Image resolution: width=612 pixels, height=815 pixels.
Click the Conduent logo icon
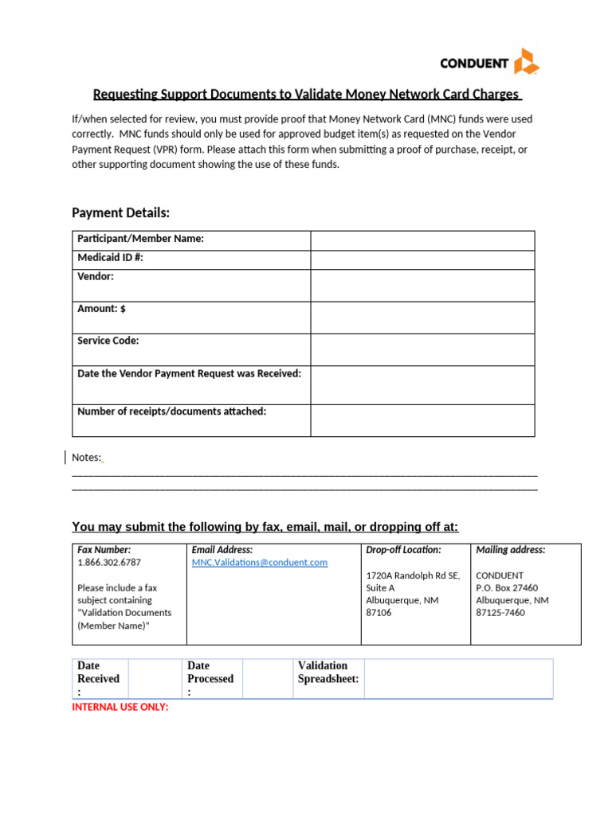tap(527, 62)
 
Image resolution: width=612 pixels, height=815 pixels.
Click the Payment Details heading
tap(120, 213)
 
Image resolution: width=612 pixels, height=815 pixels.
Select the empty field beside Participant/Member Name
tap(422, 240)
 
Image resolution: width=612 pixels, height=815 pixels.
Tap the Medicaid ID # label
tap(110, 258)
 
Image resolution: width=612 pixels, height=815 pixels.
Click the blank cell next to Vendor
tap(422, 285)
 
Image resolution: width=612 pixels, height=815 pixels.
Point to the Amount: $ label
tap(101, 309)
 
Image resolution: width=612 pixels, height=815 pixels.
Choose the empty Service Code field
tap(422, 349)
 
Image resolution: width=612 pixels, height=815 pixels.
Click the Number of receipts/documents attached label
tap(171, 411)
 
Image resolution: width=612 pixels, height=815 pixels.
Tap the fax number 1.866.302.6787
tap(110, 563)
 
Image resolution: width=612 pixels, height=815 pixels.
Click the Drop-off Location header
tap(403, 550)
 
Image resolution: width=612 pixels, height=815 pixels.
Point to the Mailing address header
tap(511, 550)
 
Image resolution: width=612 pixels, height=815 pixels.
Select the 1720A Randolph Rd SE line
tap(413, 575)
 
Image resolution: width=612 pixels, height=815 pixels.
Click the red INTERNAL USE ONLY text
tap(120, 707)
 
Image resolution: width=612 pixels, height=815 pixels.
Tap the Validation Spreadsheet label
tap(328, 672)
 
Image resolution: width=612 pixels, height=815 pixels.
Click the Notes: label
tap(87, 458)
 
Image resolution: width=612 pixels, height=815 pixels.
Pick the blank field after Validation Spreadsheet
tap(458, 679)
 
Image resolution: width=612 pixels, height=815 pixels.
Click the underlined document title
tap(307, 95)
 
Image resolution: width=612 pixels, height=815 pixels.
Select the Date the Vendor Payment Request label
tap(189, 373)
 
